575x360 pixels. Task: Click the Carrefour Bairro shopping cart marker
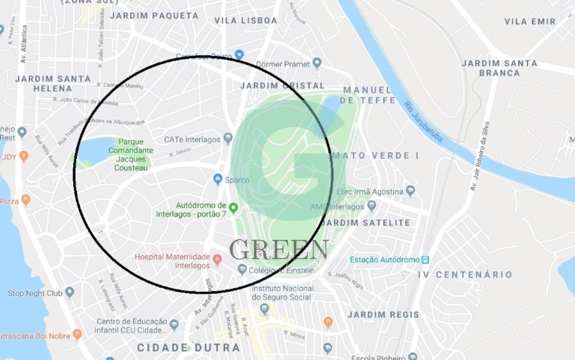coord(239,54)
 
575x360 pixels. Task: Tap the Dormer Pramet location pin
coord(317,63)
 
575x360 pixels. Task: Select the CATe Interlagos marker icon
coord(228,138)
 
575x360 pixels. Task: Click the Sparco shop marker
coord(218,179)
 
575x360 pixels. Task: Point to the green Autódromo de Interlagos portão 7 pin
coord(233,208)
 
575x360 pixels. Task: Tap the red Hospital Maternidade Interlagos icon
coord(217,259)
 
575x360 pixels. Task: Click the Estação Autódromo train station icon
coord(425,259)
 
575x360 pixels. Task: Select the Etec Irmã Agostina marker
coord(410,191)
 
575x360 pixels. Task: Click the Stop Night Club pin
coord(69,293)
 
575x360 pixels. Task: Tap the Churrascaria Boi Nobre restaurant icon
coord(77,334)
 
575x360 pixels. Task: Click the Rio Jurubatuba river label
coord(424,122)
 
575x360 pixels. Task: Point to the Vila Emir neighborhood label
coord(530,22)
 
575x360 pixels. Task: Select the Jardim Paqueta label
coord(154,16)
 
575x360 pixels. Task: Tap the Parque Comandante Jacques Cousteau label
coord(131,155)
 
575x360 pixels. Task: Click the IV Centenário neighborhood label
coord(465,275)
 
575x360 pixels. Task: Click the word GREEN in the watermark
coord(279,250)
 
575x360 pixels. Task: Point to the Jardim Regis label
coord(383,315)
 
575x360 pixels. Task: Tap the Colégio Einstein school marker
coord(242,269)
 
